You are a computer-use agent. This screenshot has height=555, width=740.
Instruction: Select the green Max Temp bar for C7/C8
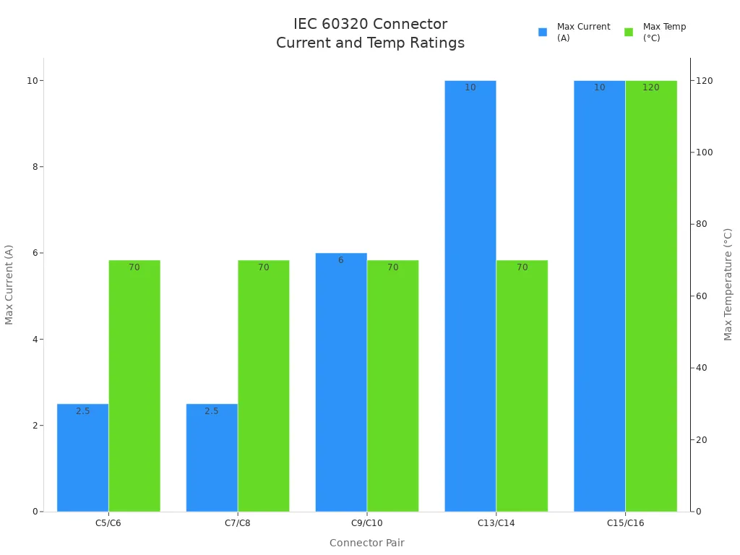(263, 386)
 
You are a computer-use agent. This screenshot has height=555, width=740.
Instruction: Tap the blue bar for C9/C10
(341, 382)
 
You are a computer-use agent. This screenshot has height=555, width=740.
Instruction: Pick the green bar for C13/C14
(522, 386)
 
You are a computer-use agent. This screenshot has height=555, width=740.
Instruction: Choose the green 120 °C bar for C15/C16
(651, 296)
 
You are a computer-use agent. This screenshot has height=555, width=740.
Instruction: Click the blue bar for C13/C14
(470, 296)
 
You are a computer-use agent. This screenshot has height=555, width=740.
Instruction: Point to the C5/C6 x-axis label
(108, 523)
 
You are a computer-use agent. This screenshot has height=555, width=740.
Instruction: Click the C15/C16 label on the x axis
(625, 523)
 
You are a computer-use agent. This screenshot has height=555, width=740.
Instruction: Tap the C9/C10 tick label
(367, 523)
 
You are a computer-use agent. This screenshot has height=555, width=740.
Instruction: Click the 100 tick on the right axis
(704, 152)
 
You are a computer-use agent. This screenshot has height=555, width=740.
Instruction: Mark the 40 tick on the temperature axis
(701, 368)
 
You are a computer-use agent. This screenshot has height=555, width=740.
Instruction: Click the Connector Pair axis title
(367, 543)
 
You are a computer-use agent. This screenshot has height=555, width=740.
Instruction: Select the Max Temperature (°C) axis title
(728, 284)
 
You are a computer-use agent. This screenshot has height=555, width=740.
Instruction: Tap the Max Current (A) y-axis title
(9, 284)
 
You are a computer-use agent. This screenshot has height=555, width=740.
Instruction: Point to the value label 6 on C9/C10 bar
(341, 260)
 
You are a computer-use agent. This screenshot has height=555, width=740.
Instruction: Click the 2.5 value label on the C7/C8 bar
(212, 411)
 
